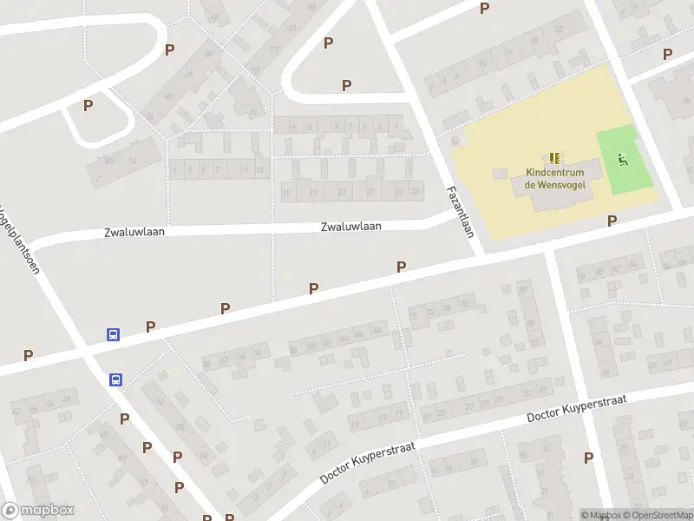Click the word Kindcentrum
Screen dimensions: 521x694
pyautogui.click(x=554, y=172)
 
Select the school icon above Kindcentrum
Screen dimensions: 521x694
pyautogui.click(x=554, y=157)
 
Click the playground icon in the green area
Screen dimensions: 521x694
pyautogui.click(x=621, y=158)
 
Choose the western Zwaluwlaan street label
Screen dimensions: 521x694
pyautogui.click(x=134, y=232)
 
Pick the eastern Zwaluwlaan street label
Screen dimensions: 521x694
pyautogui.click(x=350, y=227)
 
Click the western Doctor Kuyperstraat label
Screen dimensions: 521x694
pyautogui.click(x=368, y=462)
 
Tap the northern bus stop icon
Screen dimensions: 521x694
pyautogui.click(x=113, y=334)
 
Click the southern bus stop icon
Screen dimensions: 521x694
pyautogui.click(x=116, y=379)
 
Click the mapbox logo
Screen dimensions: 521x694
pyautogui.click(x=38, y=511)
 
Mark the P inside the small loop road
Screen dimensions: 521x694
pyautogui.click(x=88, y=106)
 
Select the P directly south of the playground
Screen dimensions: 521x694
pyautogui.click(x=612, y=221)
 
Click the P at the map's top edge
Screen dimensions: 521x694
pyautogui.click(x=484, y=8)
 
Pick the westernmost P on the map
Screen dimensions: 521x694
pyautogui.click(x=28, y=355)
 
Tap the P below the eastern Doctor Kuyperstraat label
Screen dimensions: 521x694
pyautogui.click(x=588, y=458)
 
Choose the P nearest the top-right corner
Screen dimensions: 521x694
pyautogui.click(x=667, y=53)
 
